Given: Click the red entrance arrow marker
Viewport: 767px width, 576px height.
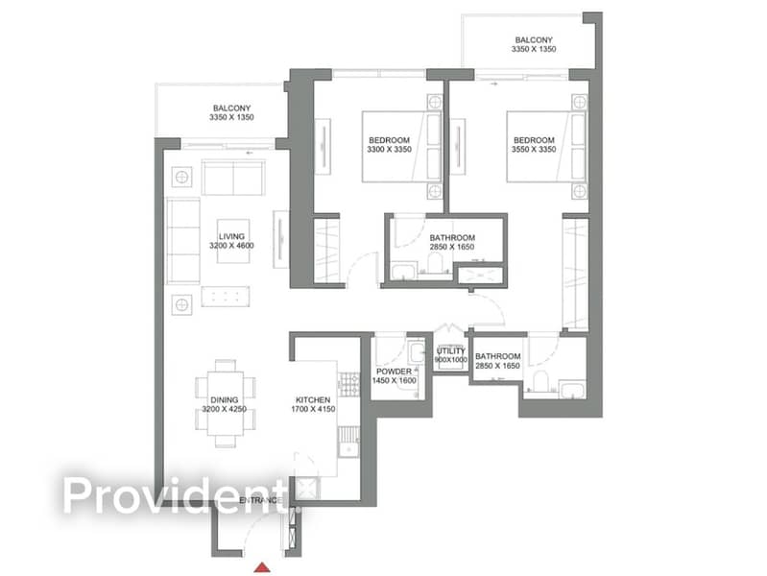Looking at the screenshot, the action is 262,567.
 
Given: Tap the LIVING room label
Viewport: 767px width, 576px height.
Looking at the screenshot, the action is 232,237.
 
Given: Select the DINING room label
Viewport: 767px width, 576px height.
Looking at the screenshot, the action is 225,399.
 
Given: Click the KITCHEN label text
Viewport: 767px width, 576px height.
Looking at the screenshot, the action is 313,399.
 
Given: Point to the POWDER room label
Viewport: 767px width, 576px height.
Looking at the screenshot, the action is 394,372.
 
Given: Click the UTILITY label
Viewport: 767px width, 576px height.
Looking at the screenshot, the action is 450,351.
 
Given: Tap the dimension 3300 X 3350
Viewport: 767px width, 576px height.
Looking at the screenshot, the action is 390,149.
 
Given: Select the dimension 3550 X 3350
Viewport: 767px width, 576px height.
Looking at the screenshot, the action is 534,149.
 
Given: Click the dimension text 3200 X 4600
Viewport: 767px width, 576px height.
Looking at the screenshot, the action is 232,246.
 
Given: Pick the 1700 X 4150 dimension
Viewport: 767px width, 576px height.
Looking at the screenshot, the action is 313,409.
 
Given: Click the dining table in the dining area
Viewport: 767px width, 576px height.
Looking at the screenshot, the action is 225,403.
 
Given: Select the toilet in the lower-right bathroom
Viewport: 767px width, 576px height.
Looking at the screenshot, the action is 541,381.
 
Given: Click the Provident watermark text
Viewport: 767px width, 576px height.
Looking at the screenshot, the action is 175,495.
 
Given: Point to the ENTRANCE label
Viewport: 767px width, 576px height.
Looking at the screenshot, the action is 261,500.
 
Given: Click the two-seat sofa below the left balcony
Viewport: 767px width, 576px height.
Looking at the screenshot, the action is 233,178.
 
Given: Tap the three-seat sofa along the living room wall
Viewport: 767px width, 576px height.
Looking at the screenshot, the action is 183,240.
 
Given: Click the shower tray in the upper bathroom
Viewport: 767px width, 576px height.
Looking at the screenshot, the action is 480,276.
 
